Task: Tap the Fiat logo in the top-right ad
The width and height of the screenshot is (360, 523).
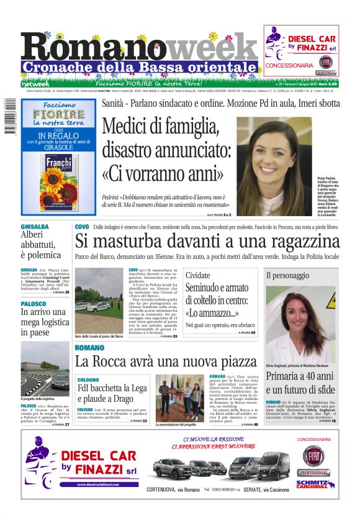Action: click(325, 62)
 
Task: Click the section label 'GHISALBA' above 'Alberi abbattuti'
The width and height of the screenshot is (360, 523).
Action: click(34, 227)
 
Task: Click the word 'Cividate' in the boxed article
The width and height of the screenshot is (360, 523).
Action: click(198, 275)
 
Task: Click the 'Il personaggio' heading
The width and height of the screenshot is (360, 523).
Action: click(287, 275)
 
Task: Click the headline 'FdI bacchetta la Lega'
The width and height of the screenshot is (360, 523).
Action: click(112, 389)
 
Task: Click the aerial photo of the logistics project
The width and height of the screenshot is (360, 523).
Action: click(45, 368)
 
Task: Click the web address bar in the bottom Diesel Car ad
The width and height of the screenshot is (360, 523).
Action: click(99, 484)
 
